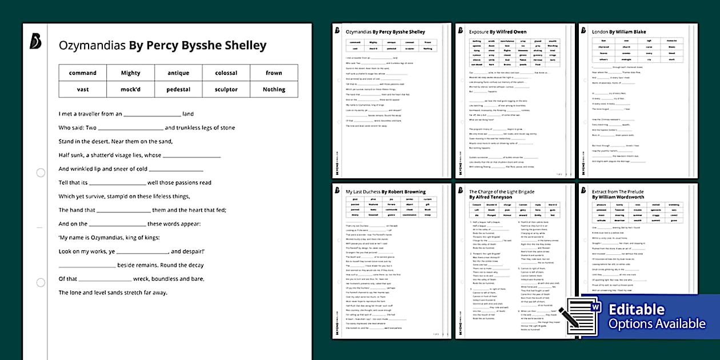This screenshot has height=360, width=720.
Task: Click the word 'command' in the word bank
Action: tap(83, 73)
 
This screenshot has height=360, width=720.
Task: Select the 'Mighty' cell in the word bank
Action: tap(130, 73)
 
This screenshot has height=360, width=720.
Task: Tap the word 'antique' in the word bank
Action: tap(178, 73)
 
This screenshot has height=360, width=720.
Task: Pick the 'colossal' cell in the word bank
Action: tap(226, 73)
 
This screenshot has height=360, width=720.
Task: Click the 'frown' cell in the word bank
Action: tap(274, 73)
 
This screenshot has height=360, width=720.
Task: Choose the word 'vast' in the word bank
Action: tap(83, 89)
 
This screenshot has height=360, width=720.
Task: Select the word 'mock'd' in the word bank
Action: tap(130, 89)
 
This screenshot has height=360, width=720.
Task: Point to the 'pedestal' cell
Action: tap(178, 89)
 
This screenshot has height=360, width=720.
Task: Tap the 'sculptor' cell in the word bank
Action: tap(226, 89)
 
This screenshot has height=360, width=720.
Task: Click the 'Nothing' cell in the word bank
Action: tap(274, 89)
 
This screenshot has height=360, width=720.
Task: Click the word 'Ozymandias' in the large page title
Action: tap(92, 45)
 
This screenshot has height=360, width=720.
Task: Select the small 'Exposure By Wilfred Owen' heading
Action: tap(498, 32)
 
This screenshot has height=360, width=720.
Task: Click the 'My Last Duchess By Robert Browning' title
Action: tap(386, 191)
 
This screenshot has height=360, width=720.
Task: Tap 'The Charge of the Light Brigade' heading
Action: tap(502, 191)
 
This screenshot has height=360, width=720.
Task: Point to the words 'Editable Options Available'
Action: tap(657, 317)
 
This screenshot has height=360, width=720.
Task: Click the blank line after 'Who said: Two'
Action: tap(131, 128)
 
